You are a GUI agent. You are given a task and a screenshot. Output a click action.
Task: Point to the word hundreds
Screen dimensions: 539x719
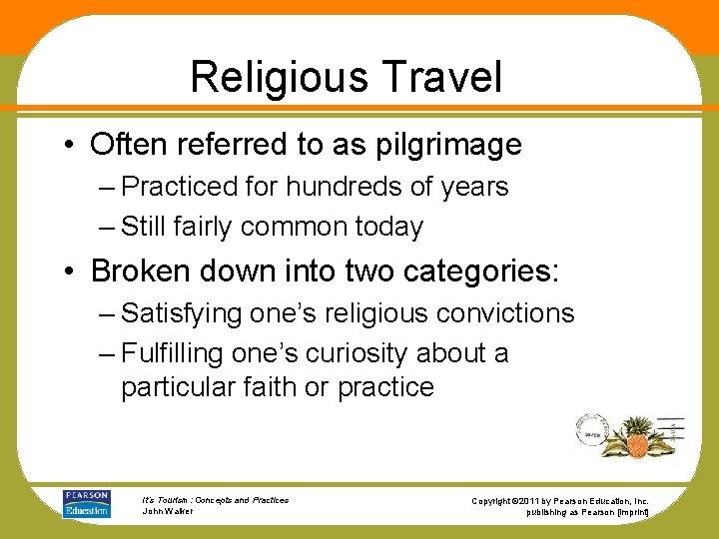(x=330, y=187)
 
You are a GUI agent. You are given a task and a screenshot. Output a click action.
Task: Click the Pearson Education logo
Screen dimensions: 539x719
(x=86, y=503)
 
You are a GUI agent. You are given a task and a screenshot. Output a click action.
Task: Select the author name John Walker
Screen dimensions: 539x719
(x=169, y=511)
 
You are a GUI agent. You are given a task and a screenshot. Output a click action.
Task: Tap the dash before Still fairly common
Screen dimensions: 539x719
(x=107, y=228)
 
